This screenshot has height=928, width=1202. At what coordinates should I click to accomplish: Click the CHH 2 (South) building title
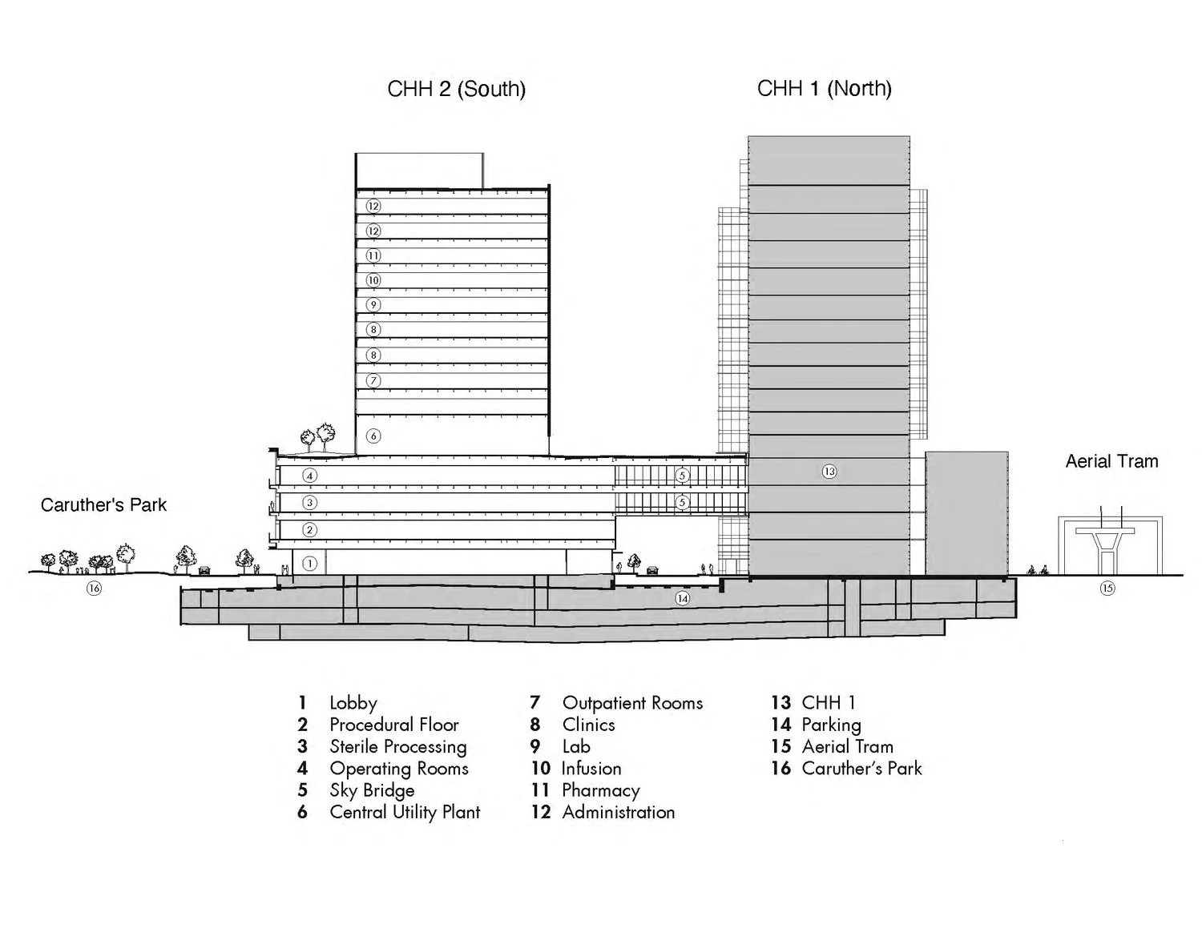[456, 88]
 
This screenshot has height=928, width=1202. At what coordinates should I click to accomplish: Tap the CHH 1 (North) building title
[824, 88]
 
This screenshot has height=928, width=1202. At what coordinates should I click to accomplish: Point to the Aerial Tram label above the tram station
[1111, 461]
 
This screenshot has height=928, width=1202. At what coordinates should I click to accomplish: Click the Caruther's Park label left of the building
[103, 505]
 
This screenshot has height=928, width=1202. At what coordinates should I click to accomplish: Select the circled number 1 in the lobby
[310, 563]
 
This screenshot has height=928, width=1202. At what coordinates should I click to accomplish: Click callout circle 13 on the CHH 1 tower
[829, 472]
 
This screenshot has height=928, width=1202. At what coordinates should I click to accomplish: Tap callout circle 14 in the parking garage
[682, 598]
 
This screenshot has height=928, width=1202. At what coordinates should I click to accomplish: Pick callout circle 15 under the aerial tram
[1107, 589]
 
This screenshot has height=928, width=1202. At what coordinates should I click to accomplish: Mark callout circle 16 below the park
[95, 589]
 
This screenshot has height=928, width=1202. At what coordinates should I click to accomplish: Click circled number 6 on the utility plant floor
[373, 436]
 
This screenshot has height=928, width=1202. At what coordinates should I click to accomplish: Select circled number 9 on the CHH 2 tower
[373, 305]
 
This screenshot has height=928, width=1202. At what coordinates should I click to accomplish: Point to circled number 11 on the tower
[373, 255]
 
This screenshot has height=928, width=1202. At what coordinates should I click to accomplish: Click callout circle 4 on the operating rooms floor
[310, 476]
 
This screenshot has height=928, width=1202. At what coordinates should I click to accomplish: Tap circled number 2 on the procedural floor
[310, 530]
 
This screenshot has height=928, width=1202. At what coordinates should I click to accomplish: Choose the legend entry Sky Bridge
[372, 790]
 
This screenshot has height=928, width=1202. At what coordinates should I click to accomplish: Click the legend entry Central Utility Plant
[405, 812]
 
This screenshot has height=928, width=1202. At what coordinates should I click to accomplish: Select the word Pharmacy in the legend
[601, 790]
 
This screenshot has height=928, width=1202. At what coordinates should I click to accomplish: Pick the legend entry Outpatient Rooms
[632, 703]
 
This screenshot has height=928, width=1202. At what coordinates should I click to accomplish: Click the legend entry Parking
[831, 725]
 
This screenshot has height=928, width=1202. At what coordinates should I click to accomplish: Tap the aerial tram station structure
[1109, 544]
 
